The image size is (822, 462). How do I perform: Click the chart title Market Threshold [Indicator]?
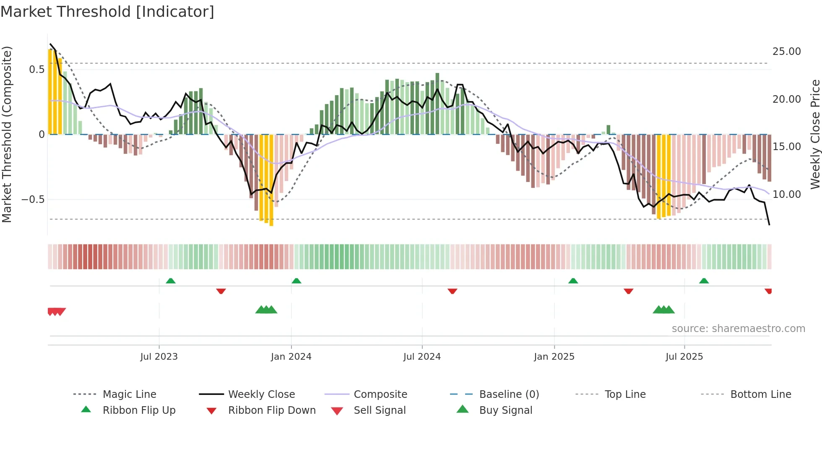(107, 12)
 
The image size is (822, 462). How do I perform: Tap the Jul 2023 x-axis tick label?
(159, 357)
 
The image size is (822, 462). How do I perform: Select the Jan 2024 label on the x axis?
(291, 357)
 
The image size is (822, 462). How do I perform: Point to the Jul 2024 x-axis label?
(422, 357)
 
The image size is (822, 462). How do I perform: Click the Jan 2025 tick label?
(554, 357)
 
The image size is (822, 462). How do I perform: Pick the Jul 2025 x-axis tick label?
(684, 357)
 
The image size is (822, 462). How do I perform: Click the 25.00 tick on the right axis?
(786, 52)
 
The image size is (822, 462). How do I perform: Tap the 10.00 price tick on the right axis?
(786, 195)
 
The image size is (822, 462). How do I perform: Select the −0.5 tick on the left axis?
(33, 200)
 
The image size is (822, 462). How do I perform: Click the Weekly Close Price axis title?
(815, 134)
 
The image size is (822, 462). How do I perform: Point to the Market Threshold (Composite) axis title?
(7, 134)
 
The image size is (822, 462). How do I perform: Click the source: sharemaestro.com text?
(738, 329)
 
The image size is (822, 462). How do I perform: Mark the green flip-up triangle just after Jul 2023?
(171, 281)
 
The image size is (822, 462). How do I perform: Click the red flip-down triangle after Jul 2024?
(452, 291)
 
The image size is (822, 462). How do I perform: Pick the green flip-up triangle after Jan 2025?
(573, 281)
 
